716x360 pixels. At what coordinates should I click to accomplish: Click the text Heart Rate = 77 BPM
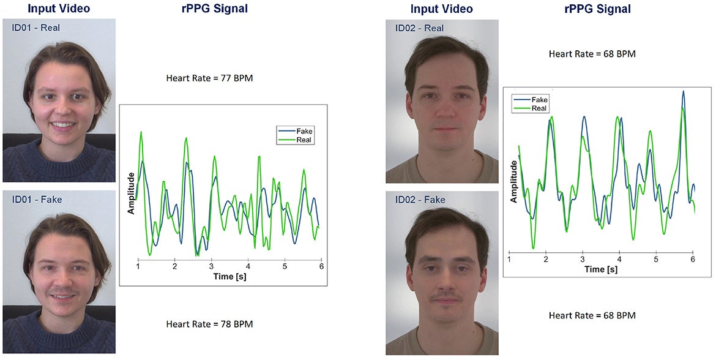209,78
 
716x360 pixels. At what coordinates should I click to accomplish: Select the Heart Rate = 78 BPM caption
209,324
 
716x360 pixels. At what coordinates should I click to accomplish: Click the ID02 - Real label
419,28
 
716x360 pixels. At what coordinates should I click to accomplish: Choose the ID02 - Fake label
420,200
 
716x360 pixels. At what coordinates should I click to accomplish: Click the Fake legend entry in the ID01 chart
304,131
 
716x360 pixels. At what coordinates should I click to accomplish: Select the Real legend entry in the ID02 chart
539,108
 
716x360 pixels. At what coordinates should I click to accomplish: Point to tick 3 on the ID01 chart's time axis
211,267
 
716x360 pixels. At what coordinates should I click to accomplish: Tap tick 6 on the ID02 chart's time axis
693,260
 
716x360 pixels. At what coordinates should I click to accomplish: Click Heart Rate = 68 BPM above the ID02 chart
592,54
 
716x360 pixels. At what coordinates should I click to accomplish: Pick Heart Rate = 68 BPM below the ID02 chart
592,316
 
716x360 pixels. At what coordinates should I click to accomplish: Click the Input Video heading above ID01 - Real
59,9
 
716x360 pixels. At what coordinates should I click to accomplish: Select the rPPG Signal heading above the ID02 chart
597,9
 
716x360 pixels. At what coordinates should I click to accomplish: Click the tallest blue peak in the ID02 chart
683,91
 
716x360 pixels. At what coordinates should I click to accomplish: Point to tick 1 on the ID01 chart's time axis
138,267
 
